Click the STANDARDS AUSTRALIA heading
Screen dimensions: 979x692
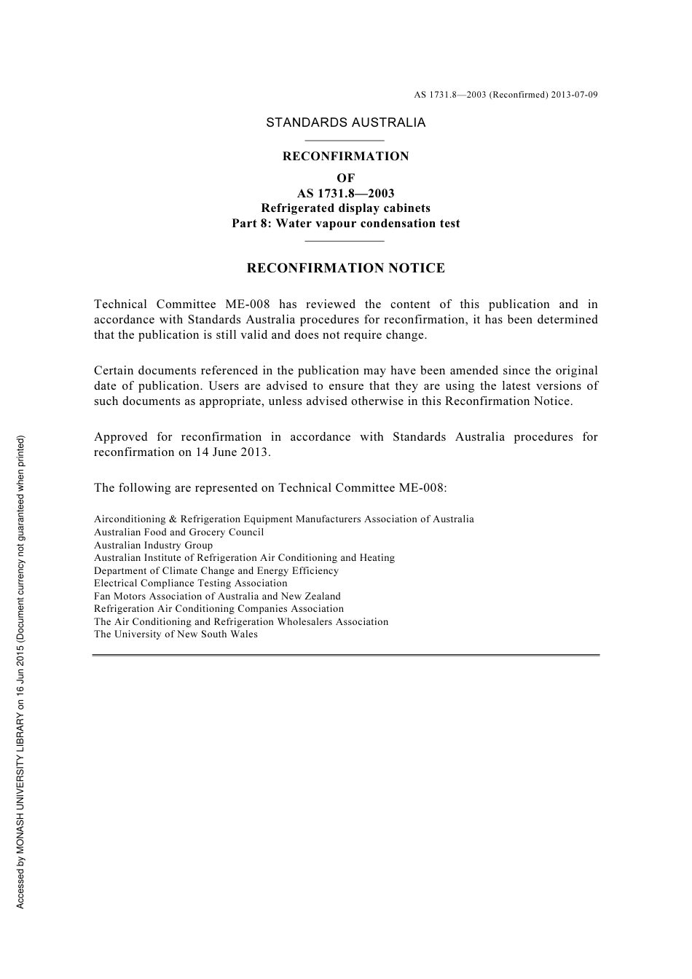[x=345, y=122]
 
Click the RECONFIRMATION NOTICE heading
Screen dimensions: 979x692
[x=345, y=268]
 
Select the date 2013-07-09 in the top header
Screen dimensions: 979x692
[x=575, y=95]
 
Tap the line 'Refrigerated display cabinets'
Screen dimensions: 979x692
[x=345, y=208]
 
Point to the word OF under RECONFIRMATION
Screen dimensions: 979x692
[x=345, y=178]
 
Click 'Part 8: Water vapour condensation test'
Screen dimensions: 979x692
[x=345, y=224]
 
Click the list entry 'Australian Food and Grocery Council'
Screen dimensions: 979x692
[x=178, y=532]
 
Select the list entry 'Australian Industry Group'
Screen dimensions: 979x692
[x=153, y=545]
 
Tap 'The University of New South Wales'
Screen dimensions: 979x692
[x=176, y=634]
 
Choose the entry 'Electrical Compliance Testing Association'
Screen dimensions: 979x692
[x=190, y=583]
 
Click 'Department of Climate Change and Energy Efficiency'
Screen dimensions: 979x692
[x=216, y=571]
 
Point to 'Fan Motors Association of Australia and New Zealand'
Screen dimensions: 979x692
[x=217, y=596]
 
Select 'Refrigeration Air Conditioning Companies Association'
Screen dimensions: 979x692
[x=219, y=609]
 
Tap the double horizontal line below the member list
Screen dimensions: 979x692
[x=345, y=656]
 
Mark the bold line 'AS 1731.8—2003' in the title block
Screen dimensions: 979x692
[x=345, y=193]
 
